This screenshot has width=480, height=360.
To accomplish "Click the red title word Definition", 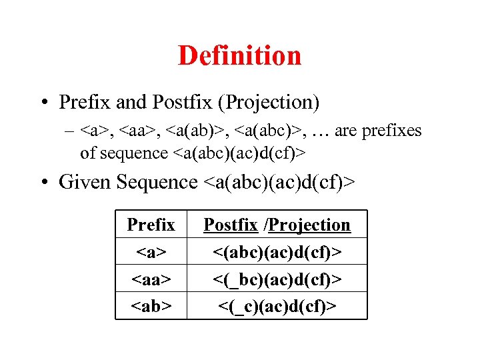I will coord(239,55).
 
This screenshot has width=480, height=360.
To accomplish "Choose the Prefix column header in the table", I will coord(151,225).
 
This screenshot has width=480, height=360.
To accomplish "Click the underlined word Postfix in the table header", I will coord(230,225).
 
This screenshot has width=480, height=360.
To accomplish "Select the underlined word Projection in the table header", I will coord(309,225).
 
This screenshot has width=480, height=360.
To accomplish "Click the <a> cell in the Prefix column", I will coord(151,252).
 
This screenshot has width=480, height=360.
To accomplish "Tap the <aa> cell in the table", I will coord(151,279).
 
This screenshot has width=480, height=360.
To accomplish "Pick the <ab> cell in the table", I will coord(151,306).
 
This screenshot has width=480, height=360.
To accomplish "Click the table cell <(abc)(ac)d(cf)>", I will coord(277,252).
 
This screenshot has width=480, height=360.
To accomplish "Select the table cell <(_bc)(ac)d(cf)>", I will coord(277,279).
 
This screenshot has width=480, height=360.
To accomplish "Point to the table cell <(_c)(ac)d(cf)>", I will coord(277,306).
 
